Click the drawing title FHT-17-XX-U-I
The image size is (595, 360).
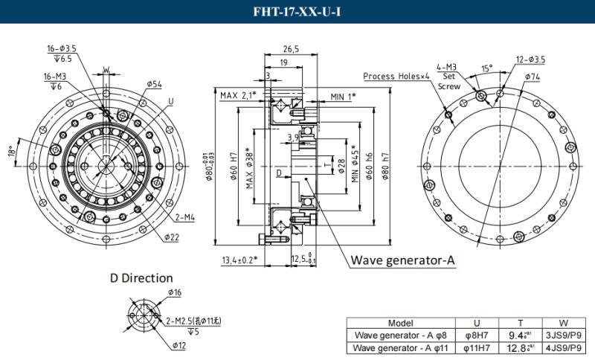pos(297,11)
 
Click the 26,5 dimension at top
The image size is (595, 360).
pos(291,49)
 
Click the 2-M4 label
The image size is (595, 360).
pos(184,217)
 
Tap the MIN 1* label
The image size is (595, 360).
pos(344,96)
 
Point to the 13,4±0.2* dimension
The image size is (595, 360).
pos(239,260)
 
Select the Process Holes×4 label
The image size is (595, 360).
pos(396,76)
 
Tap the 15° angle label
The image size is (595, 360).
pos(486,68)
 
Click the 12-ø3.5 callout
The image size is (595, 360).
pos(530,60)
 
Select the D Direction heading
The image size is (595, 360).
pos(141,278)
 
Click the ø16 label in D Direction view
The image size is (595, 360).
pos(176,293)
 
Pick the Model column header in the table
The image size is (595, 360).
pos(400,323)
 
